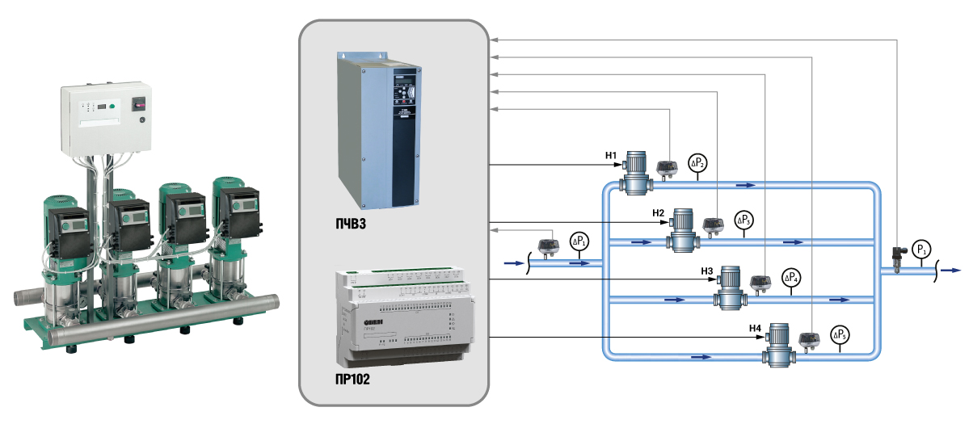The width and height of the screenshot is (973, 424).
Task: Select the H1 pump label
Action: coord(611,153)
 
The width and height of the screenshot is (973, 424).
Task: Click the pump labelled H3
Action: coord(730,287)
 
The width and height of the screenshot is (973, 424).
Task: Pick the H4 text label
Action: coord(755,328)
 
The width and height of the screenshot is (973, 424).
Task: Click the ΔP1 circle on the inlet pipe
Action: coord(580,241)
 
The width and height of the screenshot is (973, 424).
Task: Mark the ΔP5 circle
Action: coord(840,334)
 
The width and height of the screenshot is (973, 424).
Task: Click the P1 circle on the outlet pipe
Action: coord(921,249)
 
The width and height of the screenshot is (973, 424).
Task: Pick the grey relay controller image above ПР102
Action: coord(393,316)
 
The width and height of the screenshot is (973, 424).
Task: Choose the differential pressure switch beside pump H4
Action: coord(810,339)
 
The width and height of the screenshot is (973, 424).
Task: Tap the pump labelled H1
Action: coord(637,171)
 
